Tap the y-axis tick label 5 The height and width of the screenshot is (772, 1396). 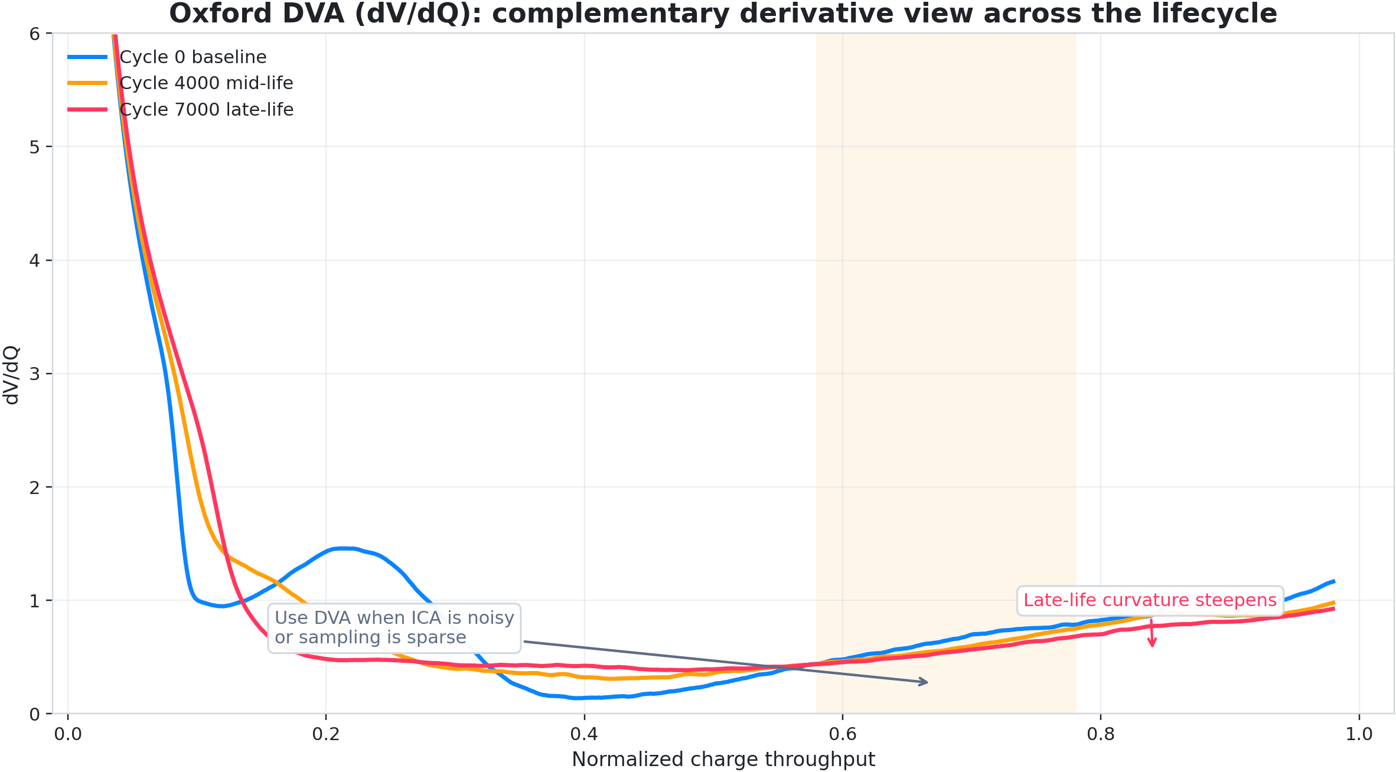click(35, 147)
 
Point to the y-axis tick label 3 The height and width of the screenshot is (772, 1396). click(35, 374)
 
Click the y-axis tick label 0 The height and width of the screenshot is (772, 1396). click(35, 715)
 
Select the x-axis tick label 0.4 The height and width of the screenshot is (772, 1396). click(584, 735)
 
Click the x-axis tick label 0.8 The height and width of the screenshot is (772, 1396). click(1101, 735)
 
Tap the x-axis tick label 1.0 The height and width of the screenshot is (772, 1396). click(1359, 735)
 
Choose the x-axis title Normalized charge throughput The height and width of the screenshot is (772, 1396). click(723, 760)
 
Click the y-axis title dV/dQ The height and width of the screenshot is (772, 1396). click(12, 375)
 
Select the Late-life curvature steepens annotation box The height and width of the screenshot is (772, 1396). click(1150, 600)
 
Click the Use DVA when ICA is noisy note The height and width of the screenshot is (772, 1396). click(394, 628)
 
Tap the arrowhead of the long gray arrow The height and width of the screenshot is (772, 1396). click(925, 682)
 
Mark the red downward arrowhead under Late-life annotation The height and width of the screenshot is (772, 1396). click(1152, 644)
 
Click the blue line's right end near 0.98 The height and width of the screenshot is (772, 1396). click(1333, 581)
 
